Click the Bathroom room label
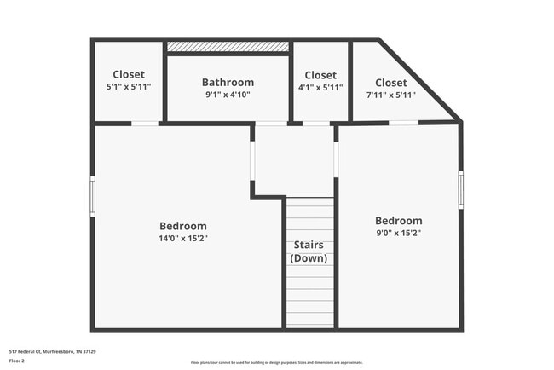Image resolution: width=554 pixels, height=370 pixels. coord(228,83)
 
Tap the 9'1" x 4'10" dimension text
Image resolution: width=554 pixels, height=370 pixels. coord(228,95)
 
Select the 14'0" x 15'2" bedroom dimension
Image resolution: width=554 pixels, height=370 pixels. coord(183,238)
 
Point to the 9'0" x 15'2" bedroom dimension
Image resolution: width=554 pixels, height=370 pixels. coord(398,232)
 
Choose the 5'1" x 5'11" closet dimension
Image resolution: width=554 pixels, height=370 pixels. coord(128,87)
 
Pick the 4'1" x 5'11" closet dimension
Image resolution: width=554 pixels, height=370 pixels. coord(320,87)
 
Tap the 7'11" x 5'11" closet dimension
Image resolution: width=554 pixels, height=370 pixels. coord(390,95)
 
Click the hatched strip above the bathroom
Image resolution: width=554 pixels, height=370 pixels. coord(228,46)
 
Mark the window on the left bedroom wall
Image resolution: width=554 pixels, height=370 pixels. coord(93,196)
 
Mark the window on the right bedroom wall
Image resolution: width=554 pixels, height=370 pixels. coord(460,189)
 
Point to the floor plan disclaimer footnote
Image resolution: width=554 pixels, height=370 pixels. coord(276,362)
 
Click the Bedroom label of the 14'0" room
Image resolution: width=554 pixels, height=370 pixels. coord(183,226)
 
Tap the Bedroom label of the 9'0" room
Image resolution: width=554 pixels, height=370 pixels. coord(398,220)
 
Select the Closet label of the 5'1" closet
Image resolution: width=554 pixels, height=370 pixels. coord(128,75)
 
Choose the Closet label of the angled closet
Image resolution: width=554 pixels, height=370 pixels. coord(390,83)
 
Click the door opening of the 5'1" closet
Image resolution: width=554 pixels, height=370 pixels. coord(145,124)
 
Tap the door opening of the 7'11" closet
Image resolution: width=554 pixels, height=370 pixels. coord(403,123)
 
